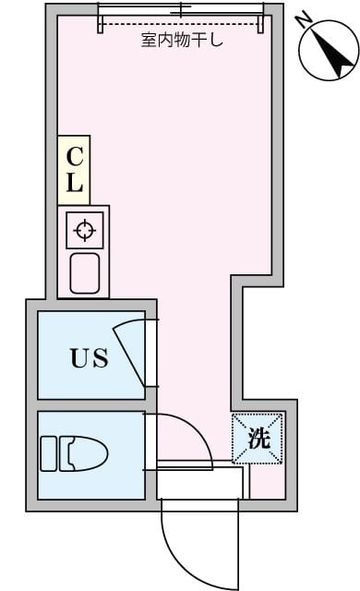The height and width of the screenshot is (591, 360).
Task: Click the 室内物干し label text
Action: (x=183, y=41)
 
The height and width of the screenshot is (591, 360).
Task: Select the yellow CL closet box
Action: (x=73, y=170)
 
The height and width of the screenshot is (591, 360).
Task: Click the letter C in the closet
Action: (x=75, y=155)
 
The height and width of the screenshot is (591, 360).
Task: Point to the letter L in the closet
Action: (x=75, y=182)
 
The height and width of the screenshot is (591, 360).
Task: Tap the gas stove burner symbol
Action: (x=84, y=230)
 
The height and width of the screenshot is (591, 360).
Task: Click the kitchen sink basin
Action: (x=85, y=273)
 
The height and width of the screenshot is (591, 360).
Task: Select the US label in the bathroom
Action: (x=90, y=357)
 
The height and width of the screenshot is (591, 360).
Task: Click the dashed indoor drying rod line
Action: (x=182, y=25)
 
